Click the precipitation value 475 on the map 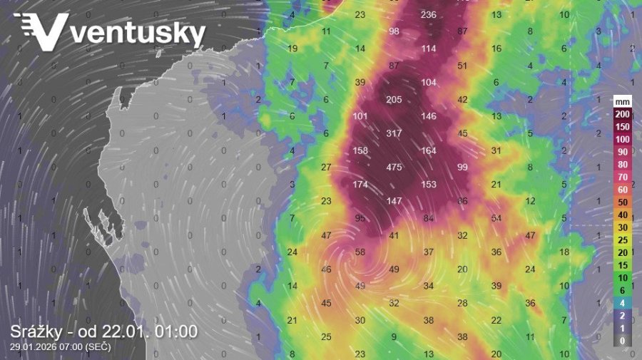pyautogui.click(x=394, y=168)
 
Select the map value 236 pyautogui.click(x=429, y=15)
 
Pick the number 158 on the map pyautogui.click(x=360, y=150)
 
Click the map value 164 pyautogui.click(x=429, y=150)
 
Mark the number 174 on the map pyautogui.click(x=360, y=185)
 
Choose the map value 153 pyautogui.click(x=429, y=185)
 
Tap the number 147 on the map pyautogui.click(x=394, y=202)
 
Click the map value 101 pyautogui.click(x=360, y=116)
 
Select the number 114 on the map pyautogui.click(x=429, y=48)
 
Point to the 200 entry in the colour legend pyautogui.click(x=623, y=115)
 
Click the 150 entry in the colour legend pyautogui.click(x=623, y=127)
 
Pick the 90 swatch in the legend pyautogui.click(x=623, y=152)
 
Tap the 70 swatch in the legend pyautogui.click(x=623, y=177)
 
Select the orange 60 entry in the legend pyautogui.click(x=623, y=190)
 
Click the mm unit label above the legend pyautogui.click(x=623, y=102)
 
